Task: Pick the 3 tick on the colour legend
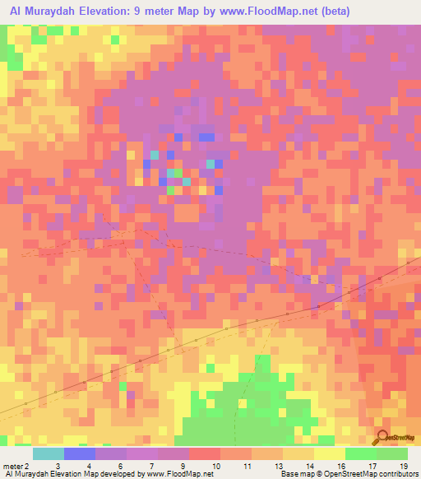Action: (x=57, y=467)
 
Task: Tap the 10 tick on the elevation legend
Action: (x=216, y=467)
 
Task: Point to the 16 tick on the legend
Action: (x=340, y=467)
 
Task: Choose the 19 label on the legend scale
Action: (x=403, y=467)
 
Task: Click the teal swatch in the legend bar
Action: (x=49, y=453)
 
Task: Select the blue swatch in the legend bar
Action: (x=80, y=453)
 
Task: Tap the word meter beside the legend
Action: (x=13, y=467)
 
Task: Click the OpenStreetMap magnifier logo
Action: (x=382, y=438)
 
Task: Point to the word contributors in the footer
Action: (x=396, y=475)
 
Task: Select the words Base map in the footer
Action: (x=294, y=475)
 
